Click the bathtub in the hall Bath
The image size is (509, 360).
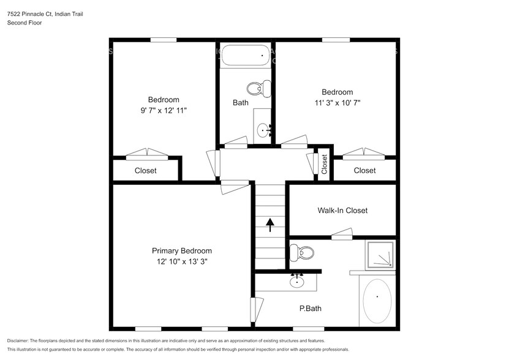tap(245, 56)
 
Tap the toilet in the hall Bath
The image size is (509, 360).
tap(262, 89)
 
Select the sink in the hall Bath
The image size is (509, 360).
tap(263, 129)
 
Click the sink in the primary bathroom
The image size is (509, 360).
tap(297, 282)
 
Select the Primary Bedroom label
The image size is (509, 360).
tap(181, 251)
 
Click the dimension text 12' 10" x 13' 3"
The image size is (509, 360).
tap(181, 262)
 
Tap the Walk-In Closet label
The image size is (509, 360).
tap(342, 211)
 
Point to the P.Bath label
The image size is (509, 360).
tap(310, 309)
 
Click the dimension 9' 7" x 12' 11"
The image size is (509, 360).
tap(163, 110)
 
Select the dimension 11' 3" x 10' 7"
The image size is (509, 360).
tap(337, 103)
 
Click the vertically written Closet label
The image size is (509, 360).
tap(324, 164)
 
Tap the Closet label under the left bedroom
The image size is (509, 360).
tap(145, 171)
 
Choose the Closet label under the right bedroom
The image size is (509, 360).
tap(364, 171)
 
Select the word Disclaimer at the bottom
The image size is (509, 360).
tap(18, 340)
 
